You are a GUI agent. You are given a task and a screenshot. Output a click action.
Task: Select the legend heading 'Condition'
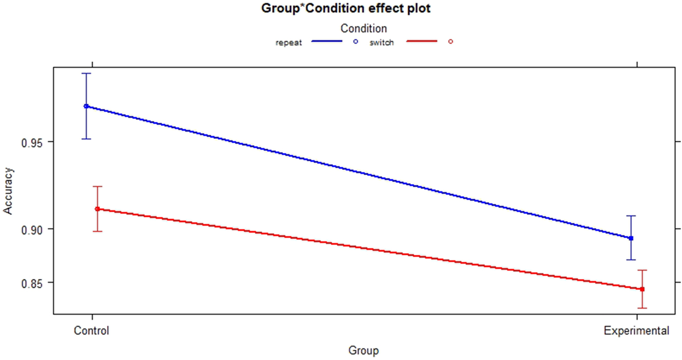[364, 28]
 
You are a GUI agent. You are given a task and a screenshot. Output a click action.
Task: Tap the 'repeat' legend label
[289, 43]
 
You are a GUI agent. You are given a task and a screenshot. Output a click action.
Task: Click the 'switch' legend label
[382, 43]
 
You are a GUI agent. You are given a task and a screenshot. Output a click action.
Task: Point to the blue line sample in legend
[327, 42]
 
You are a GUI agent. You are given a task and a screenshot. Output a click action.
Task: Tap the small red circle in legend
[450, 42]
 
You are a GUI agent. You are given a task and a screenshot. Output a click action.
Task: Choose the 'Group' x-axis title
[363, 351]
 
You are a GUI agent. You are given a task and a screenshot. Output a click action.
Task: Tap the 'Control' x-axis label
[91, 331]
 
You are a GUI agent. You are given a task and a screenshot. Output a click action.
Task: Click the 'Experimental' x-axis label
[637, 331]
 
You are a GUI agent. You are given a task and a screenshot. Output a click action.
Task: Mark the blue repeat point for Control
[86, 106]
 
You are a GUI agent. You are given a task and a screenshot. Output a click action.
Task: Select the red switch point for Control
[97, 209]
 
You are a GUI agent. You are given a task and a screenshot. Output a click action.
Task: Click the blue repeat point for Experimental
[631, 238]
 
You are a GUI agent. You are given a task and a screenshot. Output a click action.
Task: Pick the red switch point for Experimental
[642, 289]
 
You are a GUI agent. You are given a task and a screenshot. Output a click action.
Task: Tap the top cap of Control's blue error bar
[86, 73]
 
